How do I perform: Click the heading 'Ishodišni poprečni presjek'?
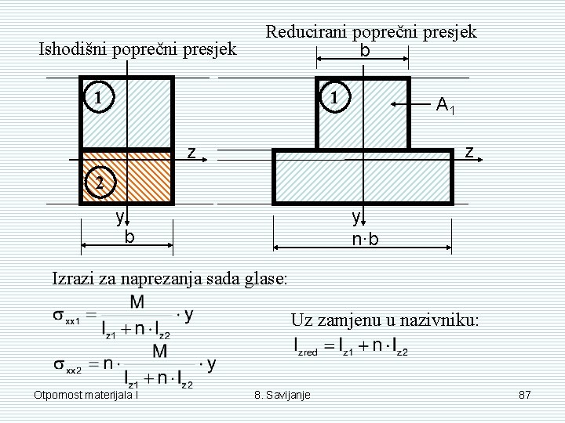pos(138,49)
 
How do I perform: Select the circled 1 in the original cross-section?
pos(98,99)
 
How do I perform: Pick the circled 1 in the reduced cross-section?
pos(335,99)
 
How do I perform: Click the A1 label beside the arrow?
pos(446,104)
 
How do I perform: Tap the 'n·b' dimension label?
pos(365,239)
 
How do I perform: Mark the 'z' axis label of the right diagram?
pos(468,152)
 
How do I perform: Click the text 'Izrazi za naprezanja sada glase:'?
pos(169,277)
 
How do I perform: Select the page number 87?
pos(525,396)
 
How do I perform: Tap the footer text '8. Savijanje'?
pos(282,396)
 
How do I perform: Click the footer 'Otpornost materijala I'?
pos(86,396)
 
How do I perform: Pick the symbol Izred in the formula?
pos(306,345)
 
